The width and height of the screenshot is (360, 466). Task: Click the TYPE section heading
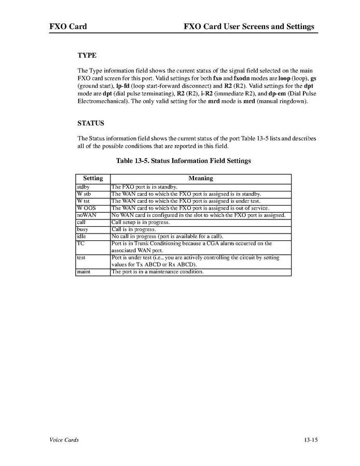(x=87, y=54)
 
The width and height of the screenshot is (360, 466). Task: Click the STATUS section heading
(x=91, y=124)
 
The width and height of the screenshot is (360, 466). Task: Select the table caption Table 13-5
(x=184, y=161)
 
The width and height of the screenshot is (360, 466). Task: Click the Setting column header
(x=93, y=178)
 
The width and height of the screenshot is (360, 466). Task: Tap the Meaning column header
(x=200, y=178)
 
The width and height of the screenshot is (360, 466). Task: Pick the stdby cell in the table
(x=83, y=186)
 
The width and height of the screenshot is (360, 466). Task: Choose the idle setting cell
(x=81, y=236)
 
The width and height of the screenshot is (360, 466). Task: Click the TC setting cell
(x=80, y=243)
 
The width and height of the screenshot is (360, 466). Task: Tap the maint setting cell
(x=84, y=271)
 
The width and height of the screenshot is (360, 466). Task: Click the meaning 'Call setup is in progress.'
(x=141, y=222)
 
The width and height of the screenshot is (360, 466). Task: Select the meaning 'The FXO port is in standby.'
(x=145, y=186)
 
